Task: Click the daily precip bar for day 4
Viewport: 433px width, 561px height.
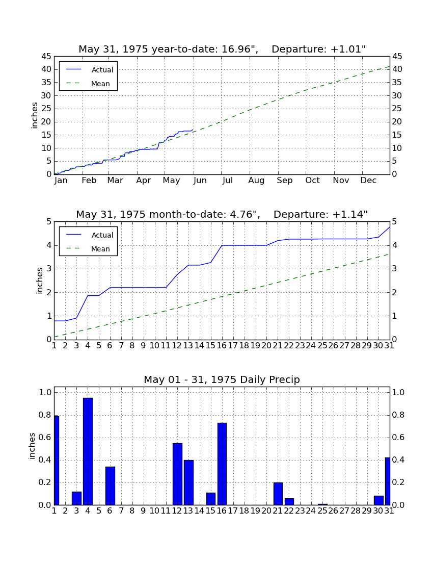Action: pyautogui.click(x=88, y=451)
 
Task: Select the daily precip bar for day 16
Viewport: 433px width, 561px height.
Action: pyautogui.click(x=222, y=464)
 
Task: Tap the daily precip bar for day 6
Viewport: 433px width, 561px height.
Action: pyautogui.click(x=110, y=486)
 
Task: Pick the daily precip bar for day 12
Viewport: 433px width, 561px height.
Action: pyautogui.click(x=177, y=474)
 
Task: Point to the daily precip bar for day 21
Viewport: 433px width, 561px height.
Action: pyautogui.click(x=278, y=494)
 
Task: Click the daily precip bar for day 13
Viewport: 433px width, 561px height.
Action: pyautogui.click(x=188, y=482)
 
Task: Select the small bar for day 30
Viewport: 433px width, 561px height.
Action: pyautogui.click(x=378, y=500)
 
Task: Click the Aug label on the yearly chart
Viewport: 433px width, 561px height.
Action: pyautogui.click(x=257, y=181)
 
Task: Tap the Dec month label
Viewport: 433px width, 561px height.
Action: pyautogui.click(x=368, y=181)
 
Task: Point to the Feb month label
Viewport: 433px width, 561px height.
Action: pyautogui.click(x=89, y=181)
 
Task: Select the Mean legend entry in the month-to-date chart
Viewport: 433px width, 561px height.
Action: pyautogui.click(x=88, y=249)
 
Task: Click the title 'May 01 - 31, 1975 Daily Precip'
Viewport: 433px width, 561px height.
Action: pyautogui.click(x=222, y=379)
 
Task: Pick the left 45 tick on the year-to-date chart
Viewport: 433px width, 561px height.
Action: pyautogui.click(x=46, y=57)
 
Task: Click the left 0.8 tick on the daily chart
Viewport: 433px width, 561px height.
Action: pyautogui.click(x=45, y=415)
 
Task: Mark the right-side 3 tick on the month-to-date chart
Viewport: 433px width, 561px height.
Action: pyautogui.click(x=395, y=269)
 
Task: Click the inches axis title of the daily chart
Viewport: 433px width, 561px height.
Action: pyautogui.click(x=32, y=446)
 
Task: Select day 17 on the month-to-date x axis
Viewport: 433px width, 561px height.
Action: pyautogui.click(x=233, y=346)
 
